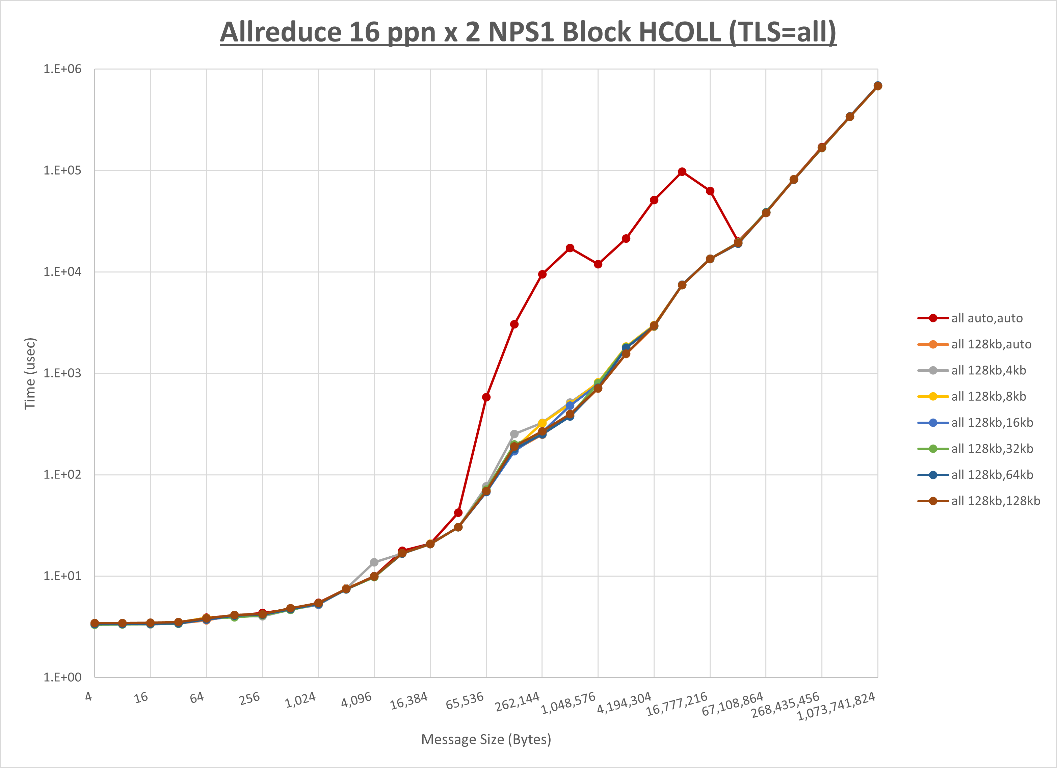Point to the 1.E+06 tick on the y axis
click(62, 69)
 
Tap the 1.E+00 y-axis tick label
click(62, 677)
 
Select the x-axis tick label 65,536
click(465, 701)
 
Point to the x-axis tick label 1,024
click(300, 700)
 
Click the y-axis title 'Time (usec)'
click(30, 373)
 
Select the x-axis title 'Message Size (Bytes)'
click(486, 740)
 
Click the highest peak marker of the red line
click(682, 172)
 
